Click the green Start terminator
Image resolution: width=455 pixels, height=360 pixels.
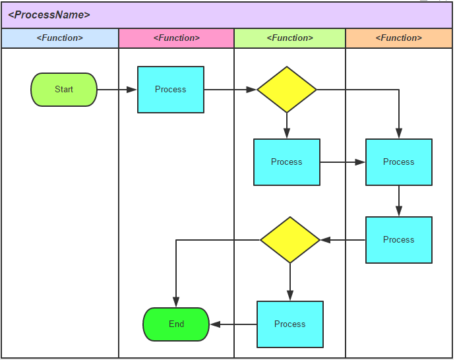point(64,90)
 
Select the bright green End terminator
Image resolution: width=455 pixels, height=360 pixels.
point(176,324)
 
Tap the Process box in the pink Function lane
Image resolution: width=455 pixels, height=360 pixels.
point(171,90)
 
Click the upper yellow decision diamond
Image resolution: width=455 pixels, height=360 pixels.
point(287,90)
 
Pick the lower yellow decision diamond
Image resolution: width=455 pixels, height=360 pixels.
point(290,240)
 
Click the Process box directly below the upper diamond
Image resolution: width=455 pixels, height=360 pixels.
point(287,162)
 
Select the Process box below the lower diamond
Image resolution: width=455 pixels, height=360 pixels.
point(290,324)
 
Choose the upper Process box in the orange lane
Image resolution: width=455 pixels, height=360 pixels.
point(399,162)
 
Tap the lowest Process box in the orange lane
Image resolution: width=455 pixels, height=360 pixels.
point(399,240)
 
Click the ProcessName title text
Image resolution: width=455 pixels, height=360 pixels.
point(49,15)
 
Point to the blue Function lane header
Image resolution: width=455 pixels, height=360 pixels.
point(60,38)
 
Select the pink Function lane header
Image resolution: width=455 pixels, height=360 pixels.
point(177,38)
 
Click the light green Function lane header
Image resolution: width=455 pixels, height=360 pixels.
point(290,38)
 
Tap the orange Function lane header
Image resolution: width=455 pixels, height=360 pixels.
point(399,38)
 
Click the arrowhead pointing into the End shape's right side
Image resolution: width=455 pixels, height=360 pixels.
point(215,324)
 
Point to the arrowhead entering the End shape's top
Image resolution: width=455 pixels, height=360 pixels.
point(176,302)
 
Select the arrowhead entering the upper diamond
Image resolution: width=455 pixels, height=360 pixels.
point(251,90)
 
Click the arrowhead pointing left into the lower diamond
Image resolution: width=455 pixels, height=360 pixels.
point(326,240)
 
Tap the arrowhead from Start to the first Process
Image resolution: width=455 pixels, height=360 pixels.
point(131,90)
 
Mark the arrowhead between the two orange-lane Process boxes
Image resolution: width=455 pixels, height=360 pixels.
point(399,211)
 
